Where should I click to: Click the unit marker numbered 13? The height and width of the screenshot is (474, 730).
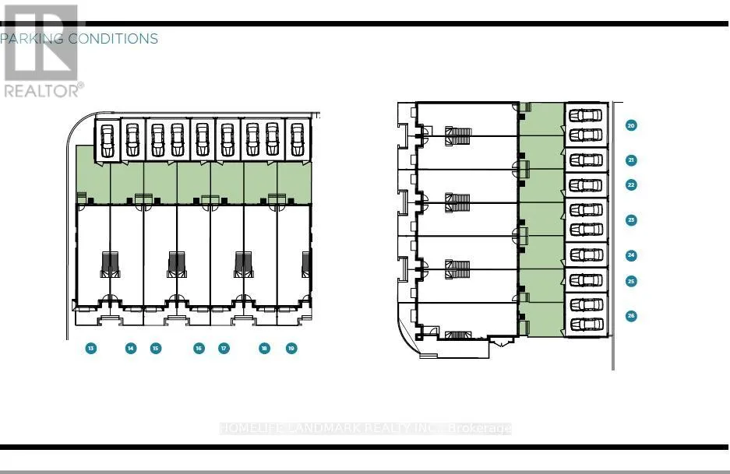point(91,349)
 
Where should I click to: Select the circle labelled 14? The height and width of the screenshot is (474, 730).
point(131,349)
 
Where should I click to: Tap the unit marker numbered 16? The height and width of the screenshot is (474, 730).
point(199,349)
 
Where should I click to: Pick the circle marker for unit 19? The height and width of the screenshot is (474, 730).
point(291,349)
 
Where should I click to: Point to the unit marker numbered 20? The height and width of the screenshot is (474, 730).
point(631,125)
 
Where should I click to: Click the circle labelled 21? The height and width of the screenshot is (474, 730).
point(631,160)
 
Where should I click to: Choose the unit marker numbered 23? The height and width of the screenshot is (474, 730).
point(631,220)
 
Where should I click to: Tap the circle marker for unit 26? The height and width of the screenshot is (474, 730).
point(631,316)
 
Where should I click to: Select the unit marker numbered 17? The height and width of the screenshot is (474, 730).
point(224,349)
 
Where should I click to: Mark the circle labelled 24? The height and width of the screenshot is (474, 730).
point(631,255)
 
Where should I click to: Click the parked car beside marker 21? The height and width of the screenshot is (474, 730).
point(586,160)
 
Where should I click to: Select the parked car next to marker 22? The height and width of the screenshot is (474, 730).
point(586,185)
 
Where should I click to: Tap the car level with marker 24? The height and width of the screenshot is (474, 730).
point(586,255)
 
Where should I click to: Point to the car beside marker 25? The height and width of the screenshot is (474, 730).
point(586,280)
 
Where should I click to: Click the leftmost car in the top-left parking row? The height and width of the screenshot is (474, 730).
point(108,141)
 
